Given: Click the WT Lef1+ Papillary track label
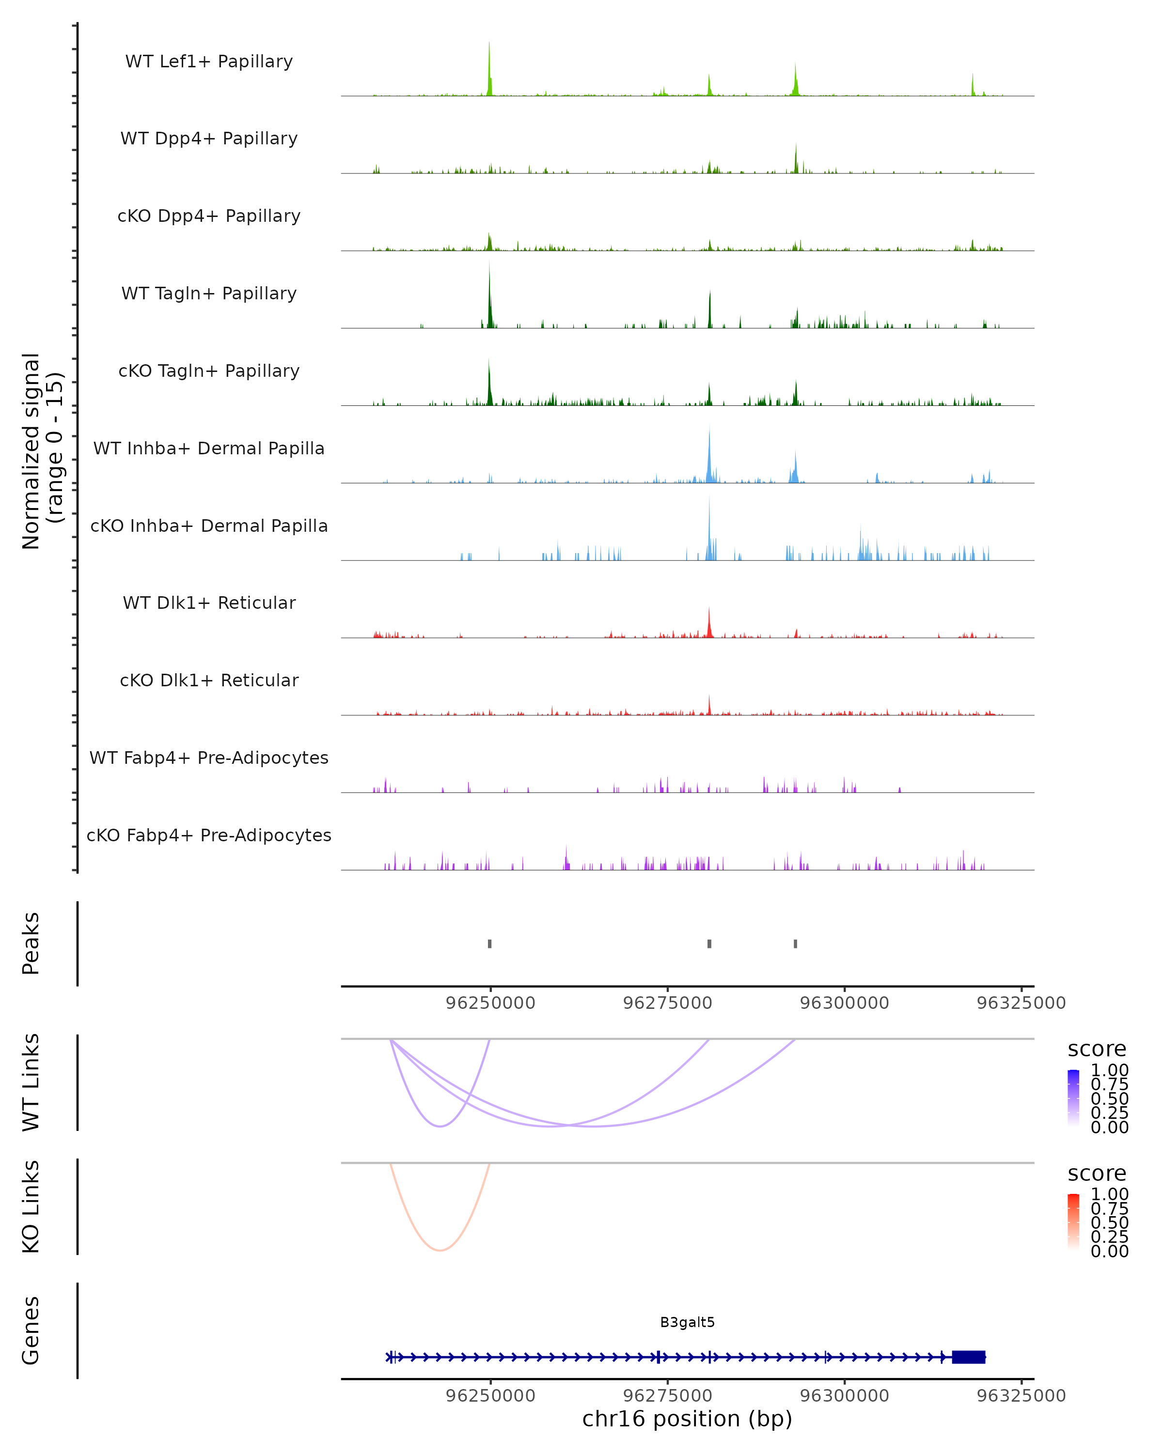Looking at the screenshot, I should pos(209,62).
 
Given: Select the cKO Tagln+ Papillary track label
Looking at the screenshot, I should pos(209,371).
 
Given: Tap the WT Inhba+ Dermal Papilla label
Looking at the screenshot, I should pos(209,448).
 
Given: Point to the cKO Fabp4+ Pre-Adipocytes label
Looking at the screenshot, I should pos(209,835).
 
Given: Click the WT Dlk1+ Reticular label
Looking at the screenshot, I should pos(209,603).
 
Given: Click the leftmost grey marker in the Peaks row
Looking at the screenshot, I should pos(489,943).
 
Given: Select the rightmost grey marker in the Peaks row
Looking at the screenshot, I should pos(796,943).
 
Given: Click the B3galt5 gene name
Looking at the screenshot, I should pos(687,1322).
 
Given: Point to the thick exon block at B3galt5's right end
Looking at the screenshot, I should pos(968,1357).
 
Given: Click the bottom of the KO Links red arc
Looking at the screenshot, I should pos(440,1250).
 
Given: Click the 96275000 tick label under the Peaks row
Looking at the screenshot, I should pos(667,1003).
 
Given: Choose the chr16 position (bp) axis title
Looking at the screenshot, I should pos(687,1419).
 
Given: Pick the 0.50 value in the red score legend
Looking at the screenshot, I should pos(1110,1222).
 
